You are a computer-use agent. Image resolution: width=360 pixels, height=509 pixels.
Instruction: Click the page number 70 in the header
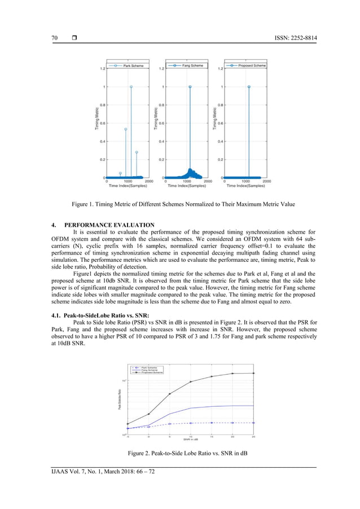pyautogui.click(x=55, y=38)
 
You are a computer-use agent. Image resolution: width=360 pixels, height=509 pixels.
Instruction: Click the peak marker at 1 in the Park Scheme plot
pyautogui.click(x=131, y=87)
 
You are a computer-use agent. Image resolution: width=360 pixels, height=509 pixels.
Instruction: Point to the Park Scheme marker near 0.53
pyautogui.click(x=125, y=129)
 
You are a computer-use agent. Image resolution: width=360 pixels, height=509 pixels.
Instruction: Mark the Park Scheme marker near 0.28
pyautogui.click(x=137, y=152)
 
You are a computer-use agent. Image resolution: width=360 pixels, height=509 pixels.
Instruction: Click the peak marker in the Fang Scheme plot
pyautogui.click(x=190, y=87)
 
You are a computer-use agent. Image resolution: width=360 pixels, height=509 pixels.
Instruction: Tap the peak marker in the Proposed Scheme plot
pyautogui.click(x=249, y=87)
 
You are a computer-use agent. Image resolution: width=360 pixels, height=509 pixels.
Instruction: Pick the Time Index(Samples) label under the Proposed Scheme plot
pyautogui.click(x=245, y=186)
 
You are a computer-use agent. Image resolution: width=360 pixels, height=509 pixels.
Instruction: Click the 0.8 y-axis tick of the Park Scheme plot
pyautogui.click(x=101, y=105)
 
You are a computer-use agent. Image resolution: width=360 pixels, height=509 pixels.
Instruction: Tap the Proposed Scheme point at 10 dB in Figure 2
pyautogui.click(x=191, y=382)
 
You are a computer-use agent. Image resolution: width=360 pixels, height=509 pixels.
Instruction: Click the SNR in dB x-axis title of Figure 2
pyautogui.click(x=190, y=439)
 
